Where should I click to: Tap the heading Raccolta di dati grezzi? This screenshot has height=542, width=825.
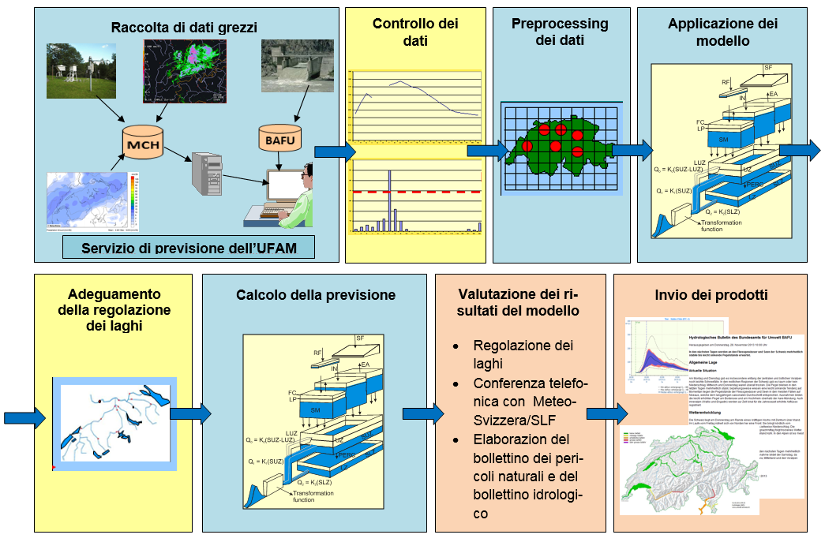point(184,27)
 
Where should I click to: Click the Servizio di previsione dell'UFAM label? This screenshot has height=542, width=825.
point(188,248)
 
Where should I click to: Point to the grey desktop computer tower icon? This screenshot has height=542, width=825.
point(208,174)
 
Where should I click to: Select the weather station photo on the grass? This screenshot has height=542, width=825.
point(81,73)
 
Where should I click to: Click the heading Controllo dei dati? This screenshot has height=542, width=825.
point(415,32)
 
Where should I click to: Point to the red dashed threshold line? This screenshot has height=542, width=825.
point(416,192)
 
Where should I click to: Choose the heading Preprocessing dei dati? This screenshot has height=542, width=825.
point(560,32)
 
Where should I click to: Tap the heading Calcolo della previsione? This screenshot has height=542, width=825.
point(316,295)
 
